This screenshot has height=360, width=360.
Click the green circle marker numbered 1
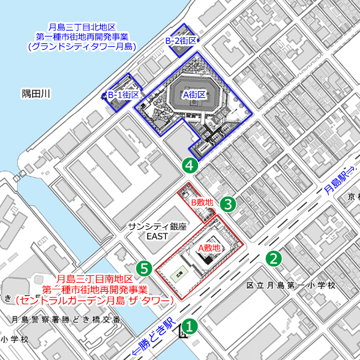[189, 326]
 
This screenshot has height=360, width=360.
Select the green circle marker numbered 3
[229, 204]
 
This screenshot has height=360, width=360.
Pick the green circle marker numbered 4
[190, 164]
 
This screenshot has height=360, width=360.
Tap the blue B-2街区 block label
[181, 40]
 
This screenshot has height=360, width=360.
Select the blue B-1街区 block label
[124, 95]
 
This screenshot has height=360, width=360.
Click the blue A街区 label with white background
[194, 95]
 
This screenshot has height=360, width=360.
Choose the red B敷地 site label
[202, 203]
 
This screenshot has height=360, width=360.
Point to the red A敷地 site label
[209, 247]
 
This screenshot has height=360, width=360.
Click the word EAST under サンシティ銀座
[158, 236]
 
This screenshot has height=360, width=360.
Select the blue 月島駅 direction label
[336, 181]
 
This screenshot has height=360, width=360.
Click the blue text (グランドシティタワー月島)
[82, 46]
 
